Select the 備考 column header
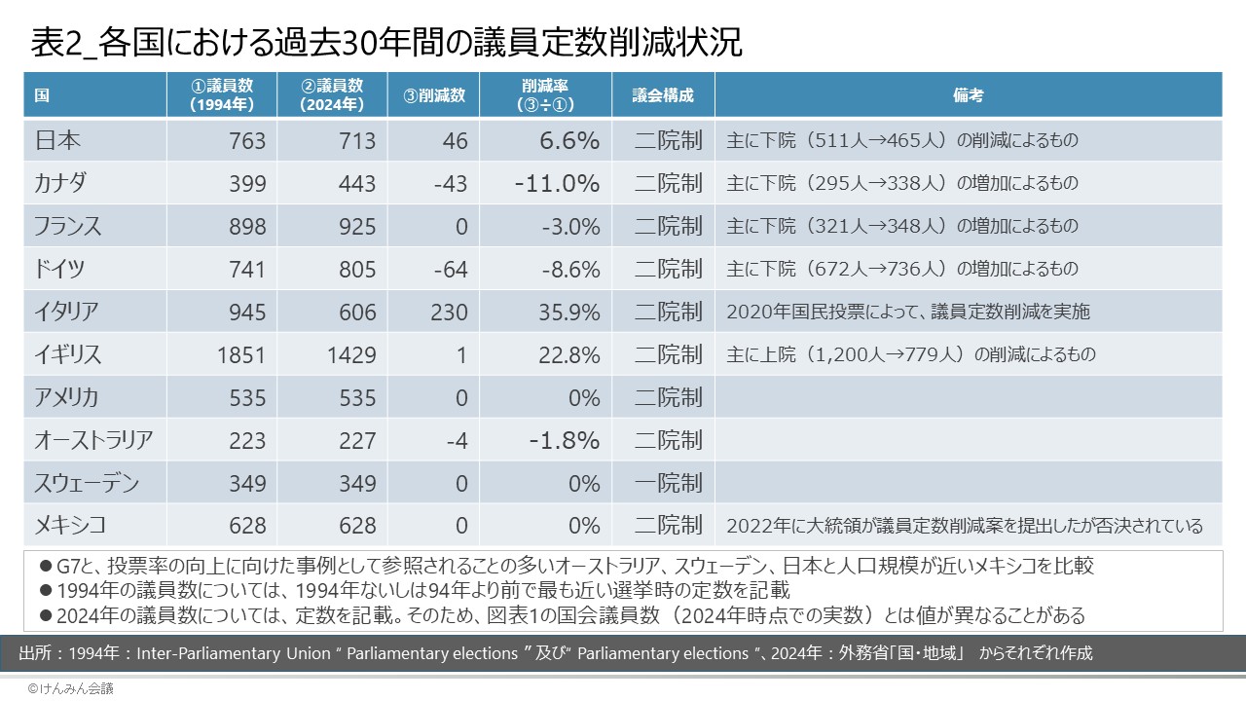coord(968,95)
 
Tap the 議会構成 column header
coord(663,95)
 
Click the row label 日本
coord(57,140)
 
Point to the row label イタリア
coord(67,312)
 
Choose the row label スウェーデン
coord(87,483)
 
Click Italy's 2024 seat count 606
coord(356,313)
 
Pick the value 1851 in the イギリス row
coord(240,355)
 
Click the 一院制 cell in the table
coord(668,483)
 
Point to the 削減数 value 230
coord(447,313)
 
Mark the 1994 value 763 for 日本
coord(246,141)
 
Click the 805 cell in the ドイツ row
coord(356,270)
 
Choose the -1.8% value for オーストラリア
coord(565,441)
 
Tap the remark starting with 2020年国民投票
coord(908,313)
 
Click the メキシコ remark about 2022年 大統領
coord(965,526)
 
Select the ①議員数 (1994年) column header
coord(222,95)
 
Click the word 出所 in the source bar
coord(37,652)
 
